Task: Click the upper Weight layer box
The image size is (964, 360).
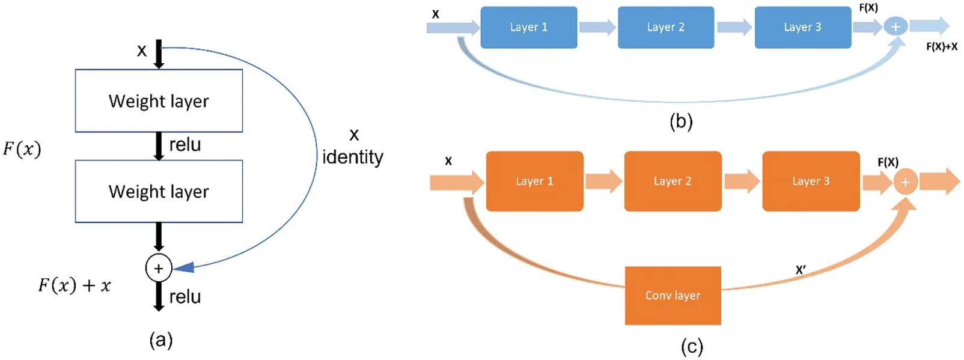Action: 159,101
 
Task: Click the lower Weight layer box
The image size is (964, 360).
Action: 159,192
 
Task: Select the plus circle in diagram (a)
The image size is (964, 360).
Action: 159,268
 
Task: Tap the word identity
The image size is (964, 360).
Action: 352,157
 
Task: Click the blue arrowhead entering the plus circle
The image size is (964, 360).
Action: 184,267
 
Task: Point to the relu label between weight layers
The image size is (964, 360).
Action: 185,145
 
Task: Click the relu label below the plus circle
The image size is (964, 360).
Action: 185,297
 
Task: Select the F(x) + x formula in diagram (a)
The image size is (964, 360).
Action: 75,285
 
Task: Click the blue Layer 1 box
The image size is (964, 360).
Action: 529,28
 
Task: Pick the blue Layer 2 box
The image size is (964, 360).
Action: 666,28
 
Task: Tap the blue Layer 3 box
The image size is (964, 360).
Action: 802,28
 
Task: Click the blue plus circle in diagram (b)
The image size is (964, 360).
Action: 895,26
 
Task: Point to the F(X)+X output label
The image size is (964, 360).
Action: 941,47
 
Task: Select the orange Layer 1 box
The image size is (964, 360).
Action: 534,182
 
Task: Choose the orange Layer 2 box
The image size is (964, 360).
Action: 673,182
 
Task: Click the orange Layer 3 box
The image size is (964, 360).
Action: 811,182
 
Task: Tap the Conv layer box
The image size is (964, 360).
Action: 673,296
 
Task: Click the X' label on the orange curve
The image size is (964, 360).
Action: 801,270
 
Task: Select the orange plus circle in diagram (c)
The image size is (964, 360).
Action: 905,182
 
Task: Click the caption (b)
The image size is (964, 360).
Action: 681,121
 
